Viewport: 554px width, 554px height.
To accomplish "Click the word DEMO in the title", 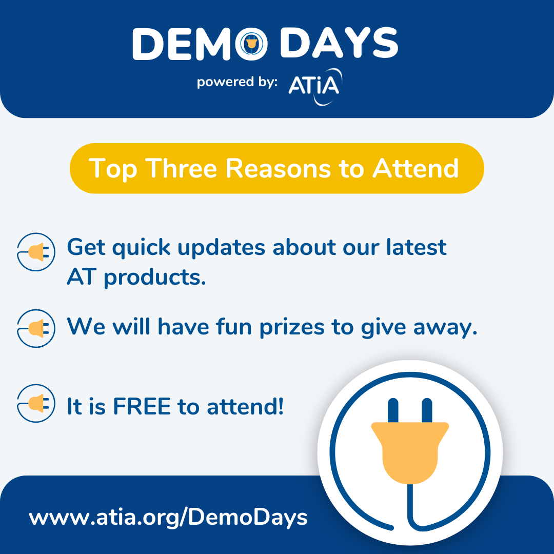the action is pyautogui.click(x=200, y=44).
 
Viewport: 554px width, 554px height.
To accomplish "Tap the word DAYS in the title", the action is pyautogui.click(x=339, y=43).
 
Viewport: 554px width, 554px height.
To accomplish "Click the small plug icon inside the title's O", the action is pyautogui.click(x=251, y=44).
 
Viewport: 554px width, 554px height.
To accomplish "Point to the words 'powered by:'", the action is pyautogui.click(x=237, y=82).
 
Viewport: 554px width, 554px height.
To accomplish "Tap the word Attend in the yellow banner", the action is pyautogui.click(x=416, y=168).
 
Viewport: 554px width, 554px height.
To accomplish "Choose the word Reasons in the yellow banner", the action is pyautogui.click(x=278, y=168).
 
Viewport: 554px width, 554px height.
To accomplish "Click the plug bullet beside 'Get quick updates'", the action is pyautogui.click(x=36, y=252).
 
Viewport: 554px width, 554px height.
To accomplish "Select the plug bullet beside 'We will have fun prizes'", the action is pyautogui.click(x=36, y=328).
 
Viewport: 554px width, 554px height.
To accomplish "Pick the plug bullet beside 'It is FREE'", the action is pyautogui.click(x=36, y=403).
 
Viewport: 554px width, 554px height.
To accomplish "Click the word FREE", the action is pyautogui.click(x=142, y=406).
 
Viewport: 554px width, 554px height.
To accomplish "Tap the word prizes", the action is pyautogui.click(x=292, y=328).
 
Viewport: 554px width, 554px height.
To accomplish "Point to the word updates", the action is pyautogui.click(x=221, y=248).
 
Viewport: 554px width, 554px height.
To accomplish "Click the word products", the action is pyautogui.click(x=155, y=278).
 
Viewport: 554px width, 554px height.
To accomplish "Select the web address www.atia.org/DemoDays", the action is pyautogui.click(x=168, y=518).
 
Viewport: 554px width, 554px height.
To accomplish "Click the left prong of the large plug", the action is pyautogui.click(x=393, y=410).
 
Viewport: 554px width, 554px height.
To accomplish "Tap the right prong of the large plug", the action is pyautogui.click(x=427, y=410).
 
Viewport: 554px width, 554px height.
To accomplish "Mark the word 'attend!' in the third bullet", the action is pyautogui.click(x=245, y=406).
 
